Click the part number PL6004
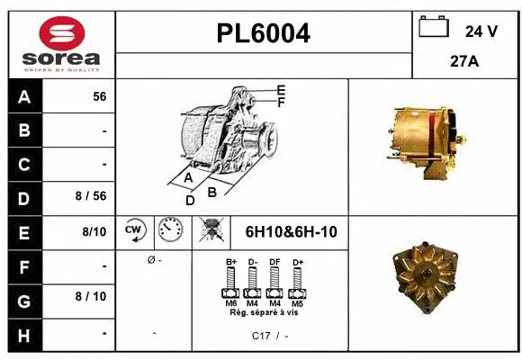[x=264, y=33]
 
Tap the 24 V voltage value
[x=481, y=31]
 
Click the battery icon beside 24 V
[x=434, y=28]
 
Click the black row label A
[x=24, y=96]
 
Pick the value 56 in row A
[x=99, y=96]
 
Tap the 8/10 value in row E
[x=94, y=232]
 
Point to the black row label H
[x=24, y=334]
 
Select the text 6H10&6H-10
[x=291, y=232]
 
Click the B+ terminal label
[x=230, y=262]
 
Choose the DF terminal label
[x=274, y=262]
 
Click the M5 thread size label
[x=297, y=303]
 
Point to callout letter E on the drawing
[x=282, y=90]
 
